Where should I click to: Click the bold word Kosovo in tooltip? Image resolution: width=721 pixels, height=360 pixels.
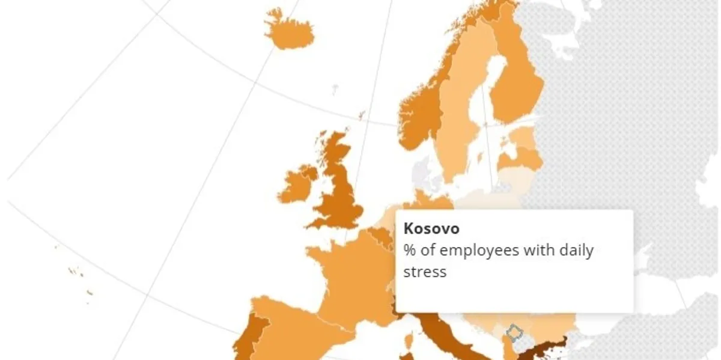tap(431, 229)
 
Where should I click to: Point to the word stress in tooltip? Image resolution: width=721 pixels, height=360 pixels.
tap(425, 272)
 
